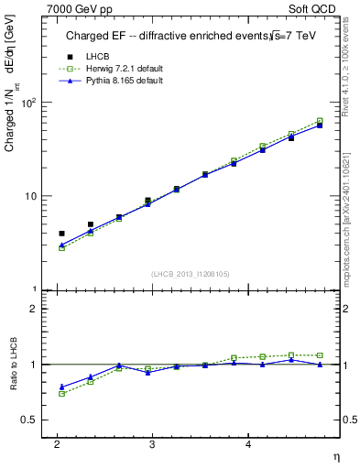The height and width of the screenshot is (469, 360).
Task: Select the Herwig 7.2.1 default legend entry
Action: tap(123, 70)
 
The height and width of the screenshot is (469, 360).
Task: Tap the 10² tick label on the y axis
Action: tap(28, 102)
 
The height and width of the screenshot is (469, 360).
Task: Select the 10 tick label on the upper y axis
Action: tap(31, 196)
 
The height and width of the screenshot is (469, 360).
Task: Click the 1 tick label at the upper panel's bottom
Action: tap(34, 289)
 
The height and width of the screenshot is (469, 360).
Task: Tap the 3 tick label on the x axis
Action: tap(152, 443)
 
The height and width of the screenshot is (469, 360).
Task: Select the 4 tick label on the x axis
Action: tap(248, 443)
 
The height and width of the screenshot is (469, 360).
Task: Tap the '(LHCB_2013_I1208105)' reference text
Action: tap(190, 274)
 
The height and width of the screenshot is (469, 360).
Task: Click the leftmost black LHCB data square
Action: tap(61, 234)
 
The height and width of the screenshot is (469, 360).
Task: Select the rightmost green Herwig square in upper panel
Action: tap(320, 121)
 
